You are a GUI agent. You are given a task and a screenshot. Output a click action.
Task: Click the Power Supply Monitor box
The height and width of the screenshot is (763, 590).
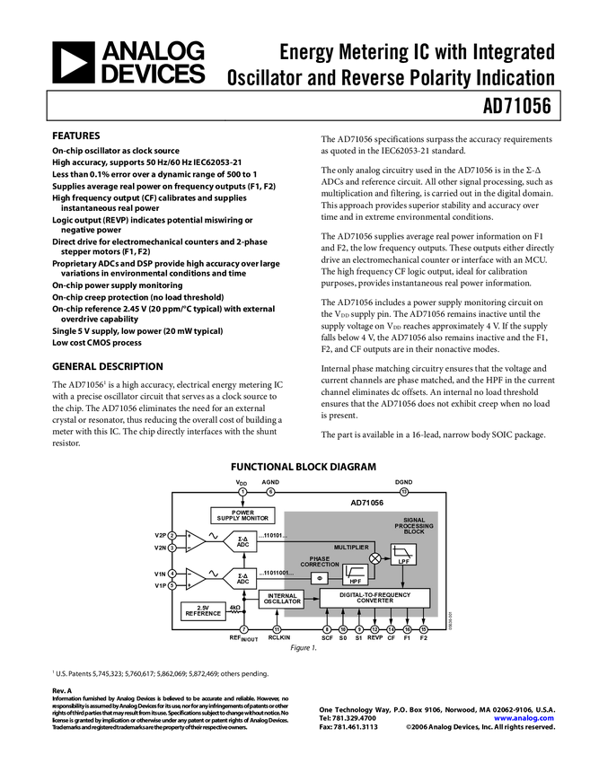tap(242, 515)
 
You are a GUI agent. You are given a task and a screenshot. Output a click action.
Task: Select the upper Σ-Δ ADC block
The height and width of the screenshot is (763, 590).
tap(242, 541)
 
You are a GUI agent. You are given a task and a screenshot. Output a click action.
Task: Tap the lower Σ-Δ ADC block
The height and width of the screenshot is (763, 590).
tap(242, 579)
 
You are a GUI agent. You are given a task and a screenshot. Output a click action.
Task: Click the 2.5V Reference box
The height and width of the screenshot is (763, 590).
tap(203, 610)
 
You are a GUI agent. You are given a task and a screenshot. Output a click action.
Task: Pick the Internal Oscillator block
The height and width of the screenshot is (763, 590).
tap(282, 599)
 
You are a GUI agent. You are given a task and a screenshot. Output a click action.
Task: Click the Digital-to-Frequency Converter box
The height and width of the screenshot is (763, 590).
tap(374, 598)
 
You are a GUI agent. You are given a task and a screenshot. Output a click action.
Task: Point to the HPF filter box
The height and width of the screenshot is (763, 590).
tap(355, 574)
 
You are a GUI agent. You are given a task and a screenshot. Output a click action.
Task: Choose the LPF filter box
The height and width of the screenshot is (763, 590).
tap(403, 555)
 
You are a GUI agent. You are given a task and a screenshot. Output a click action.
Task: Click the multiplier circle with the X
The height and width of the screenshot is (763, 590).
tap(375, 558)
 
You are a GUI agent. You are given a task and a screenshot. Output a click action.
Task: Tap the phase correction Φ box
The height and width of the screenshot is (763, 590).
tap(320, 578)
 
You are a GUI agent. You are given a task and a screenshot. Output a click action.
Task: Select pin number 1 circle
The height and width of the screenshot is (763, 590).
tap(242, 492)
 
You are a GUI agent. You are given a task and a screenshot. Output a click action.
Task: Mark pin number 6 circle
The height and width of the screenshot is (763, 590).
tap(270, 492)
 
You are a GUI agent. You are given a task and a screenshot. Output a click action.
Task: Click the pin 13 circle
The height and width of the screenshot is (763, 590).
tap(404, 492)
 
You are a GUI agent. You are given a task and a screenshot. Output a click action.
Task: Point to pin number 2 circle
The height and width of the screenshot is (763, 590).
tap(172, 536)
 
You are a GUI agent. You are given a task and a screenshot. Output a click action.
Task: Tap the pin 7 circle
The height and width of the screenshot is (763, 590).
tap(243, 630)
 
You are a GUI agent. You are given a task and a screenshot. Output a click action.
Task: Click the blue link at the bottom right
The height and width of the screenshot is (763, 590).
tap(524, 718)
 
